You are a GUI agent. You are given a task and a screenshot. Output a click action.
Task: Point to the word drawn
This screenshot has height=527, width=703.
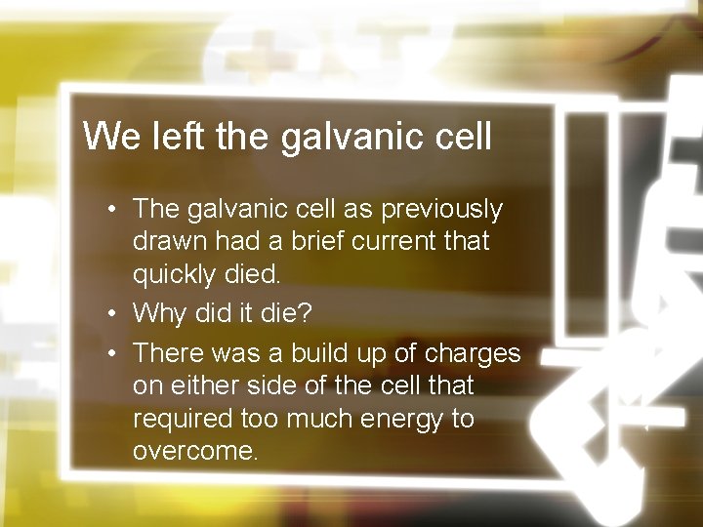pos(168,242)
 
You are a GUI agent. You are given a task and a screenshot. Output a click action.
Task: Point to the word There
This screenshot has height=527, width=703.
pos(165,350)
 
